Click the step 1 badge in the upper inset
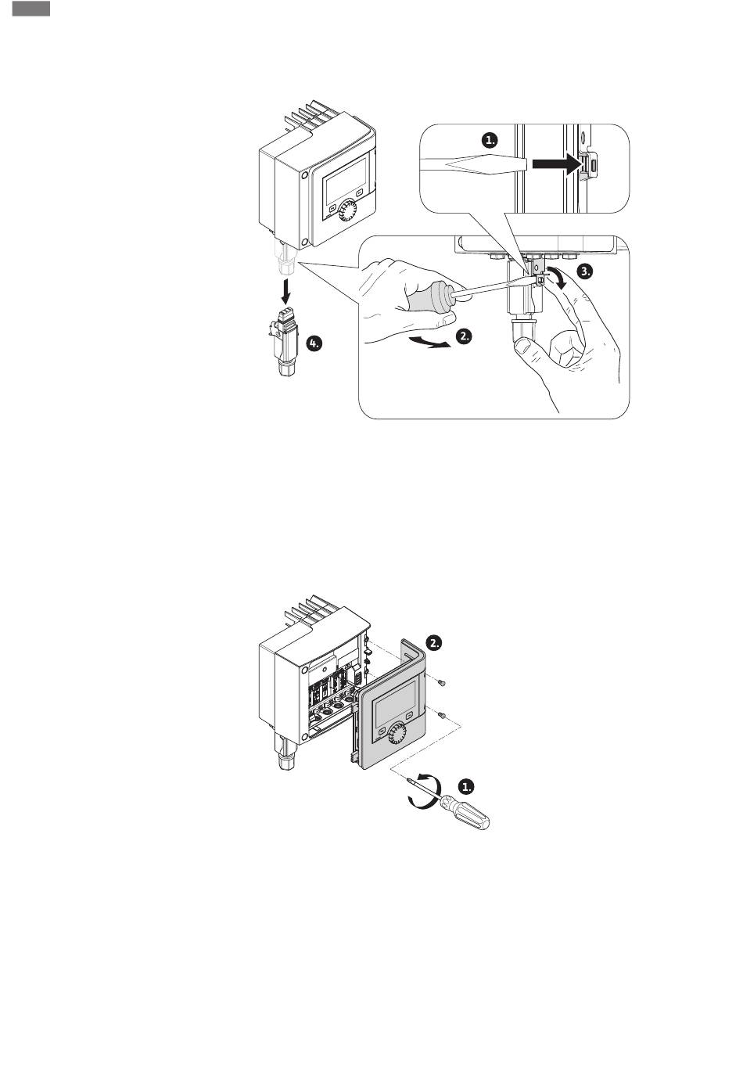(490, 140)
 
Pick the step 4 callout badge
(314, 343)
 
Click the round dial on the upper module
(350, 209)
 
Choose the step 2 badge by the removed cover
(435, 642)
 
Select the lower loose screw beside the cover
(443, 714)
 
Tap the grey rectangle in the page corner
(31, 9)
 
